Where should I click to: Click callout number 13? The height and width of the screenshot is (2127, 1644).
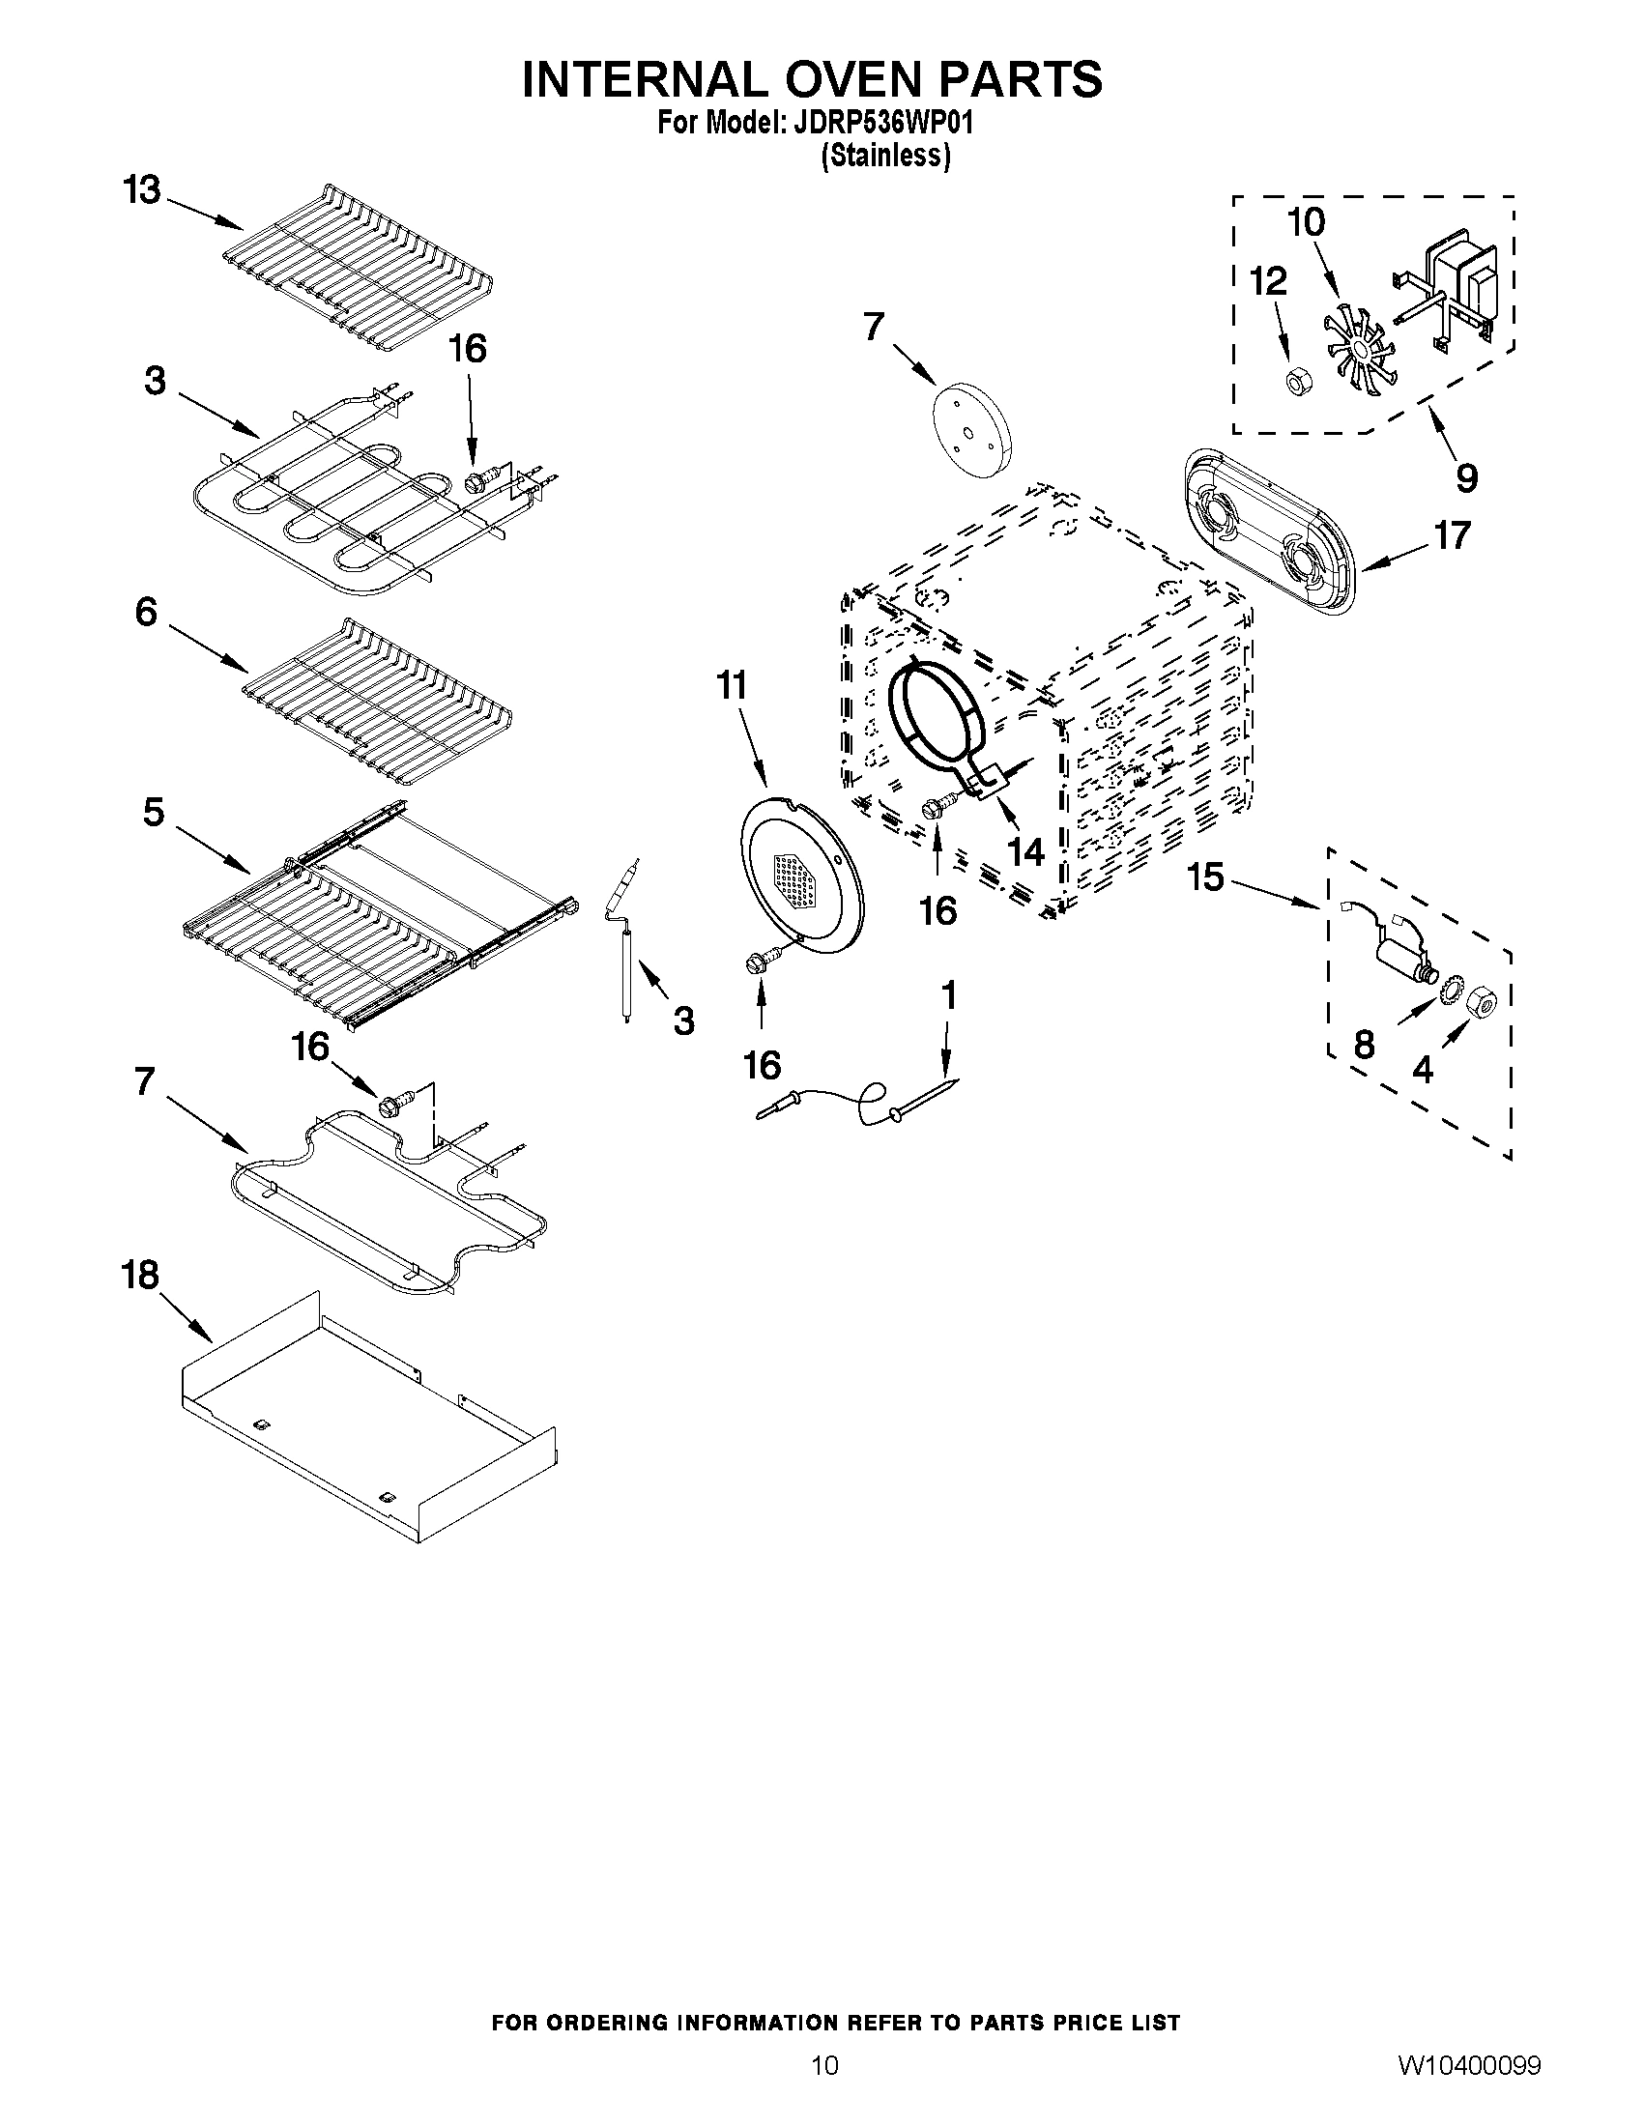point(142,190)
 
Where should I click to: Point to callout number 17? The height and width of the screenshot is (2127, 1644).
point(1452,534)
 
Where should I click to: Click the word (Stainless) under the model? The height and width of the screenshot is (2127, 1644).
point(884,156)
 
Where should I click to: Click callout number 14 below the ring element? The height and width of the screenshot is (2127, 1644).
point(1025,852)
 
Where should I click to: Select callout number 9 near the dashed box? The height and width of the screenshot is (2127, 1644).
point(1467,476)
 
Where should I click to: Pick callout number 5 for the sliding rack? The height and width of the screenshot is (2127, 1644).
point(154,811)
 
